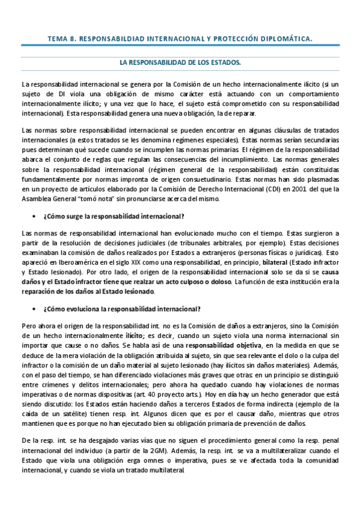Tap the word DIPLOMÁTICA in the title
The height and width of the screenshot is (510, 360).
[281, 39]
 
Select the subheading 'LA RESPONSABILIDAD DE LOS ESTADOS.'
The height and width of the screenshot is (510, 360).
[180, 62]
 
